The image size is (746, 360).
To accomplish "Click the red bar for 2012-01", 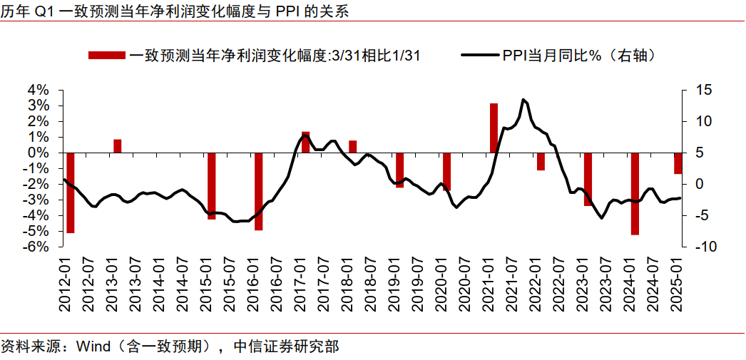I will [70, 192].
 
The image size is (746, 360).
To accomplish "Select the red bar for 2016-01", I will [258, 191].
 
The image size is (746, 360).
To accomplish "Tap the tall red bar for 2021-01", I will [494, 128].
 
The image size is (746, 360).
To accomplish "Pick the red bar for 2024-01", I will [635, 193].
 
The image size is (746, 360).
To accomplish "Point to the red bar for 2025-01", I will [678, 163].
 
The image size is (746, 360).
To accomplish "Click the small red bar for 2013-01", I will [118, 146].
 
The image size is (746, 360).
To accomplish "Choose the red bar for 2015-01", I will [211, 185].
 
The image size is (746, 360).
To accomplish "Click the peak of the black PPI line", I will [523, 100].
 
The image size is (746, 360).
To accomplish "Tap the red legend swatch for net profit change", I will [107, 55].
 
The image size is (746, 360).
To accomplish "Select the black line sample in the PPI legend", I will [480, 55].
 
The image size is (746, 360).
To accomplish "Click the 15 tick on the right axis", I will [703, 90].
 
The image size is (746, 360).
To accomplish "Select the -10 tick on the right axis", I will [703, 247].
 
